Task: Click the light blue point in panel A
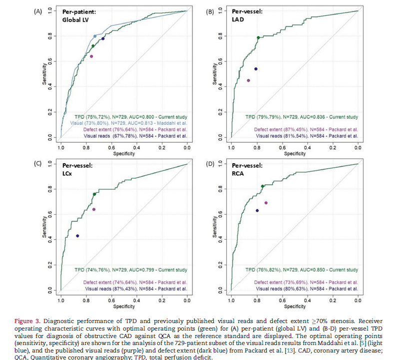[95, 36]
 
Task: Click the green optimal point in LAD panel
[258, 38]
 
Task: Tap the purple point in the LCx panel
[94, 209]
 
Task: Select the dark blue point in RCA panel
[257, 211]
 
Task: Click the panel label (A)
[38, 10]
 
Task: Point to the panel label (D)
[210, 163]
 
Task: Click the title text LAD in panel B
[238, 19]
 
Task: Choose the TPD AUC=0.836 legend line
[302, 117]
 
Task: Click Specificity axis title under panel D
[295, 306]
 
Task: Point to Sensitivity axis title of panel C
[45, 226]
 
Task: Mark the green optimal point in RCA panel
[263, 186]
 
